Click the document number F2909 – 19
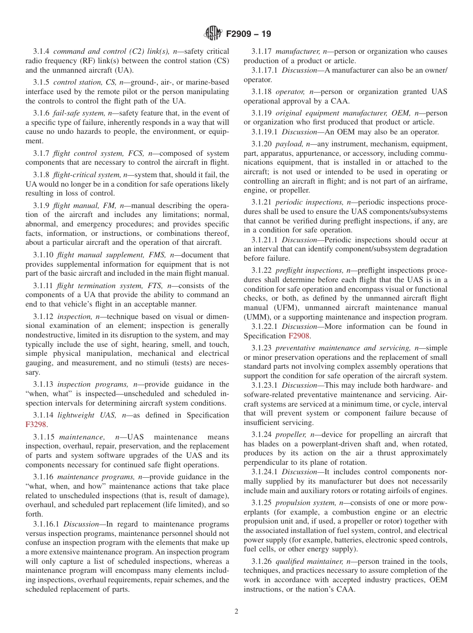pos(248,34)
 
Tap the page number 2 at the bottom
pos(236,612)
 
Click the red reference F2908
pos(299,336)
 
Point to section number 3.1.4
pos(41,51)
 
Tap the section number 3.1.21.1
pos(264,240)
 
